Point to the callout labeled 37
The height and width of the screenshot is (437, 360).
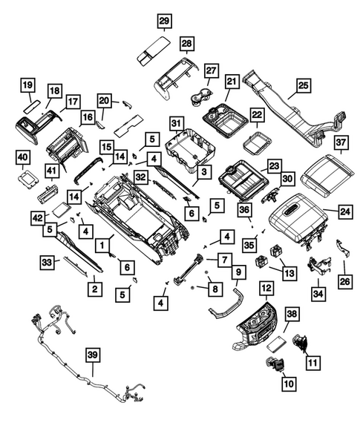(x=340, y=142)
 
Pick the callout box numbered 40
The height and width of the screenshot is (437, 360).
(x=23, y=157)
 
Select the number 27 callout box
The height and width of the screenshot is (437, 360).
(x=211, y=71)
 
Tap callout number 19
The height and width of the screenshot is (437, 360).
(x=28, y=85)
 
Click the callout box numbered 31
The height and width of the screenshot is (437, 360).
(x=176, y=122)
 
